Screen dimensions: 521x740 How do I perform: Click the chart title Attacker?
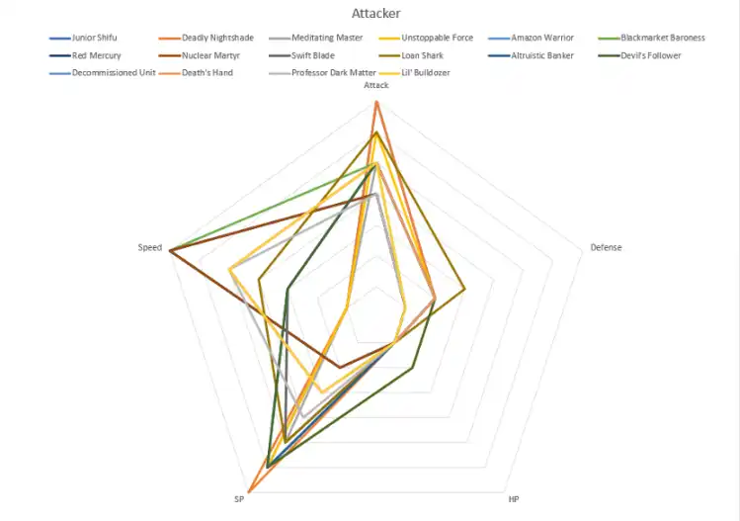[x=375, y=14]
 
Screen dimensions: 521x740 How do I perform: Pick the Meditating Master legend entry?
[x=313, y=38]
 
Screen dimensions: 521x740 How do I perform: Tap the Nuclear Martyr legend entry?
[x=201, y=55]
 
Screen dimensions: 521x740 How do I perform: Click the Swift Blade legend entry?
[x=299, y=55]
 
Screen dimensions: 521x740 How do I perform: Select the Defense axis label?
[x=606, y=247]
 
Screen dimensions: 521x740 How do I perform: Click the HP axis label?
[x=514, y=499]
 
